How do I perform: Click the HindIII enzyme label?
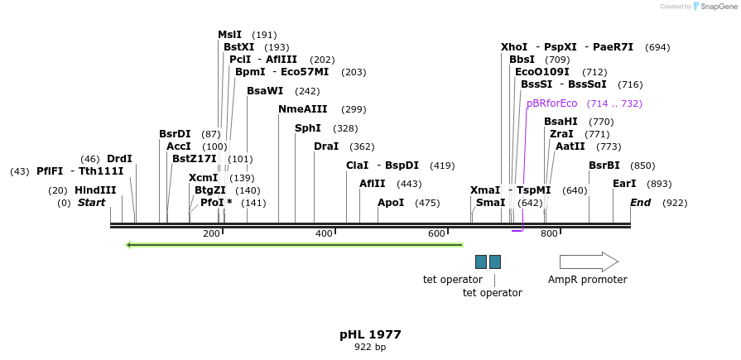click(95, 190)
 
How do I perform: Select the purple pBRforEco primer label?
click(551, 103)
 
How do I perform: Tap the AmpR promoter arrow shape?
click(588, 262)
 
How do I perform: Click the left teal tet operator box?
click(481, 262)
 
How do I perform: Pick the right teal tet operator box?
click(495, 262)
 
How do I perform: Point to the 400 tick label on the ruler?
click(324, 234)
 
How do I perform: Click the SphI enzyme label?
click(307, 128)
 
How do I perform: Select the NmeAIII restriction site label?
click(302, 109)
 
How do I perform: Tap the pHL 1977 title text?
click(370, 334)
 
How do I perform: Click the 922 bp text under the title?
click(370, 348)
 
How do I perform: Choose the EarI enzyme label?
click(624, 184)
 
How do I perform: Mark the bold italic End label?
click(640, 203)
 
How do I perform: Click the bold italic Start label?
click(91, 203)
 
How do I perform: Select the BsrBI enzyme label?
click(604, 166)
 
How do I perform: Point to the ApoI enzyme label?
click(391, 203)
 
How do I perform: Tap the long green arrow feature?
click(294, 245)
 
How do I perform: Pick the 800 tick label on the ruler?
click(549, 234)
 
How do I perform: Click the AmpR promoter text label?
click(587, 280)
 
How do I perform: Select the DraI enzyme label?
click(326, 146)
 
